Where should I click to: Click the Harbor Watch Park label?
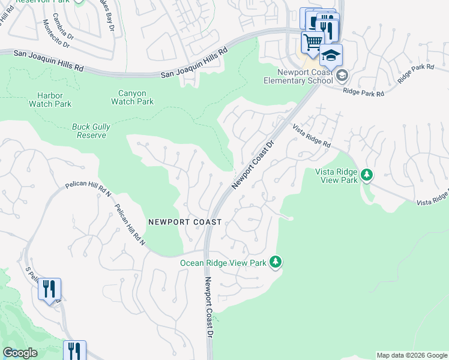(50, 100)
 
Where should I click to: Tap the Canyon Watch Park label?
(132, 97)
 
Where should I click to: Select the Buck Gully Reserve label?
(89, 131)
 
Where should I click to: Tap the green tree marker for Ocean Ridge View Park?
(275, 262)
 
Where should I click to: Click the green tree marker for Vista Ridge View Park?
(366, 175)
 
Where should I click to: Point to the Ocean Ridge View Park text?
(223, 263)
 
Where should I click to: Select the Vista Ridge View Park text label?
(336, 176)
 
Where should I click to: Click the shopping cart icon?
(312, 43)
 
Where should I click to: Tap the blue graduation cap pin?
(331, 55)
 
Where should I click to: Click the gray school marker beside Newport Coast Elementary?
(342, 75)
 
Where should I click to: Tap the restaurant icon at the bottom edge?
(74, 350)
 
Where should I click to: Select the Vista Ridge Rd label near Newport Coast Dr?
(312, 137)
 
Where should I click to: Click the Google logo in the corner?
(20, 353)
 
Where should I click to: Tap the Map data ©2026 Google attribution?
(412, 355)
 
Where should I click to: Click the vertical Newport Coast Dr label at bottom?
(209, 306)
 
